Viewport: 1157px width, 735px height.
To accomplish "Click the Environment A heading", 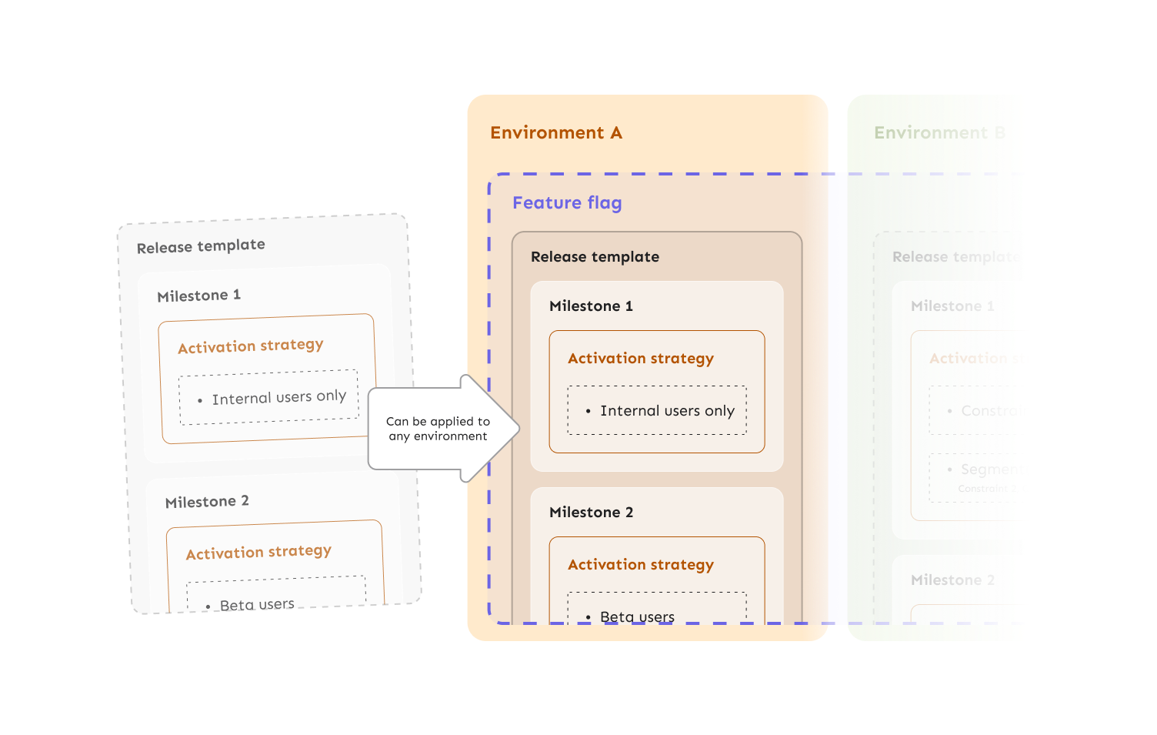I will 556,132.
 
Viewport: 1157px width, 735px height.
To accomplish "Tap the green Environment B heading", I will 939,132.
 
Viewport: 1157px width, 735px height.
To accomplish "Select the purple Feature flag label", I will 567,202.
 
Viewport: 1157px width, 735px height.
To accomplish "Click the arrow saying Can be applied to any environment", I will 438,429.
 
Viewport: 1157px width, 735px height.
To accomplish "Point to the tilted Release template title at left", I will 201,246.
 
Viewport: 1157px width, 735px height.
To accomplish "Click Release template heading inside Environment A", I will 595,256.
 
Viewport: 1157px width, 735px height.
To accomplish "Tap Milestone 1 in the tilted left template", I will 198,295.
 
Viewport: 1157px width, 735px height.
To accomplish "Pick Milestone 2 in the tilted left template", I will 207,501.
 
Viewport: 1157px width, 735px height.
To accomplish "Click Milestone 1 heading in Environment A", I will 591,306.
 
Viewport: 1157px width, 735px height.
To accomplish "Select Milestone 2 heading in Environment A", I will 591,512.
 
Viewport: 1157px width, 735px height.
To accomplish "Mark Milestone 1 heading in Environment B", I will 952,306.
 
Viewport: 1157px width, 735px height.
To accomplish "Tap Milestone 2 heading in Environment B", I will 952,580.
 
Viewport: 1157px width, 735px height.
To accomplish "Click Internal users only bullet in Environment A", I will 667,410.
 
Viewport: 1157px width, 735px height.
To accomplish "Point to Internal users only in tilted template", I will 278,397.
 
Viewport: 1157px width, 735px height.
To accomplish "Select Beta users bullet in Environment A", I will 637,616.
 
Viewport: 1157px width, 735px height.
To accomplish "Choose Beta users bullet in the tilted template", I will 257,604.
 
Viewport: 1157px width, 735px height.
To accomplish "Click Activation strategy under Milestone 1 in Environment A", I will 641,358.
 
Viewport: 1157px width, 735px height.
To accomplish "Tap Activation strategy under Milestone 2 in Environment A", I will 641,564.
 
